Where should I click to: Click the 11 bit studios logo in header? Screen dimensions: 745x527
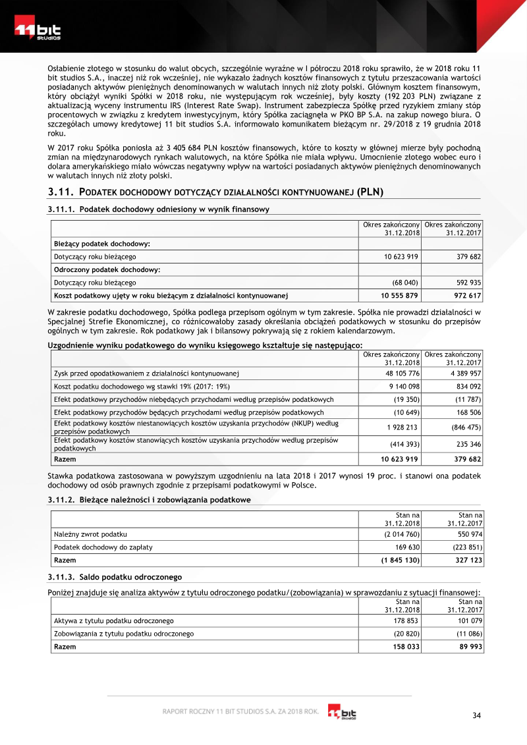[38, 32]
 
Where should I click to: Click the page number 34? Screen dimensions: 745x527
[478, 715]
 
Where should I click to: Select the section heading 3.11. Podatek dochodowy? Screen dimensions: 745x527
[216, 192]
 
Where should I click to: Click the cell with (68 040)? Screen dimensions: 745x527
[405, 282]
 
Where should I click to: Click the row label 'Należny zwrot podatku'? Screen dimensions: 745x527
[90, 534]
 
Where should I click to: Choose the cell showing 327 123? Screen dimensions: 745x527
[468, 560]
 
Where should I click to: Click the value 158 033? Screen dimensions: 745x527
[405, 646]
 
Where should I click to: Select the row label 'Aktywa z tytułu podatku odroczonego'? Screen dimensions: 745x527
[113, 621]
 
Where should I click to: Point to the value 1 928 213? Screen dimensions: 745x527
[402, 427]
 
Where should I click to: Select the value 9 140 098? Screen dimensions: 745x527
[402, 386]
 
